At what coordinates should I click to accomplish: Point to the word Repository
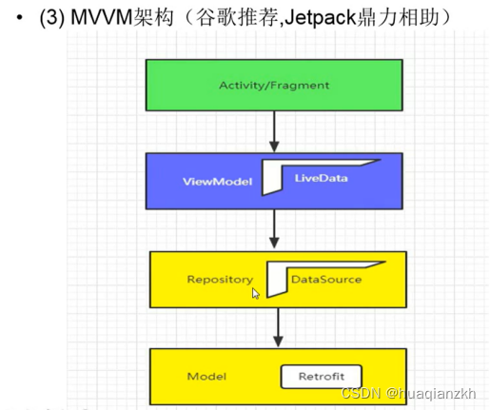click(x=220, y=280)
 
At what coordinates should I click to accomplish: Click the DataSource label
click(x=326, y=280)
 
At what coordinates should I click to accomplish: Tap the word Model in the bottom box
click(x=206, y=377)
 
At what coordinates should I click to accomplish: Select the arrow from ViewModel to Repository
click(x=274, y=229)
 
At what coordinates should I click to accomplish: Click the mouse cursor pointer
click(x=256, y=294)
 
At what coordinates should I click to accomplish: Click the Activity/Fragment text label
click(x=274, y=85)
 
